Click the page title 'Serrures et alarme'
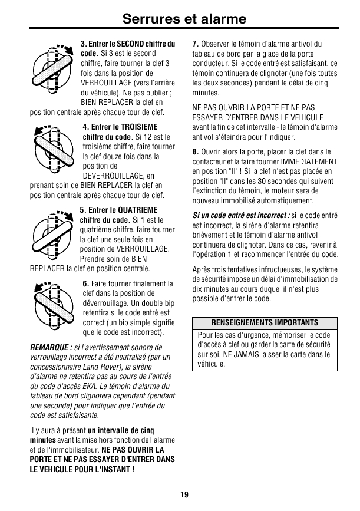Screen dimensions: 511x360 [184, 19]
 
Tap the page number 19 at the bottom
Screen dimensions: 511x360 [184, 494]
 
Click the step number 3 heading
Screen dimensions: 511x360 [82, 44]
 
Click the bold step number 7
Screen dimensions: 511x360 [196, 44]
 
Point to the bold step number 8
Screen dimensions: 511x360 [196, 152]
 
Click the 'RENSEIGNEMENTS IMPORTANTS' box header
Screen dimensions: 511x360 [264, 323]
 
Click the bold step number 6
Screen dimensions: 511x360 [86, 284]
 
